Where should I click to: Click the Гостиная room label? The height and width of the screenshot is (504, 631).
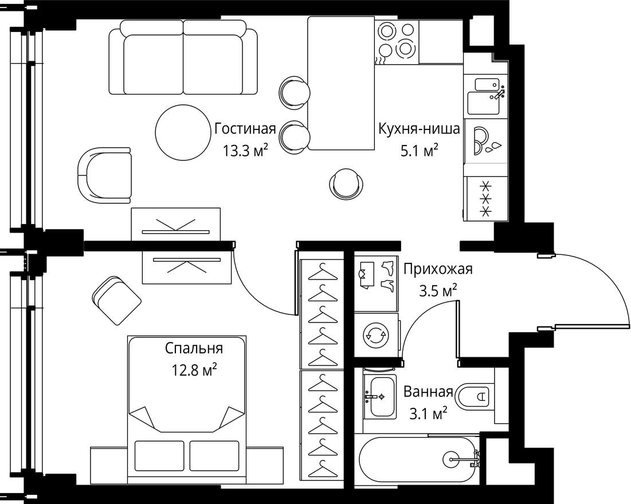(245, 129)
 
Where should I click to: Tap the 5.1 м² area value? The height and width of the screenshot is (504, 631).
(419, 151)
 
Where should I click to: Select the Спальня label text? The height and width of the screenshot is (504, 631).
(194, 348)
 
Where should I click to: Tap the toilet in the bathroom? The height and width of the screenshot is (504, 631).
(476, 395)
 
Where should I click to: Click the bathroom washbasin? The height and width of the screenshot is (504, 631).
(379, 397)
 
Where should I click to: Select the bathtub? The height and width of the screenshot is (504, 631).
(418, 458)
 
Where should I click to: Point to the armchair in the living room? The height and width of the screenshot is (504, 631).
(104, 175)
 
